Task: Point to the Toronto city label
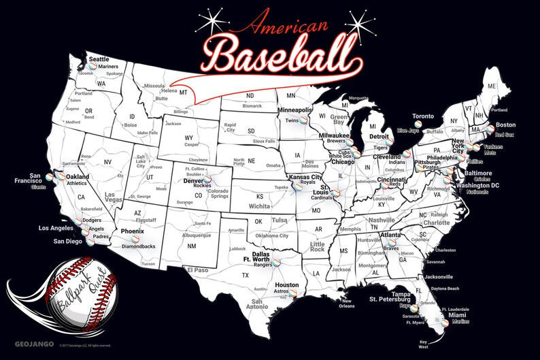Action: tap(423, 116)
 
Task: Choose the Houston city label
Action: tap(288, 284)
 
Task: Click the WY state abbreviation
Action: tap(188, 138)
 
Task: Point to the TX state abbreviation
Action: tap(244, 276)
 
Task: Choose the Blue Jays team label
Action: tap(407, 130)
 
